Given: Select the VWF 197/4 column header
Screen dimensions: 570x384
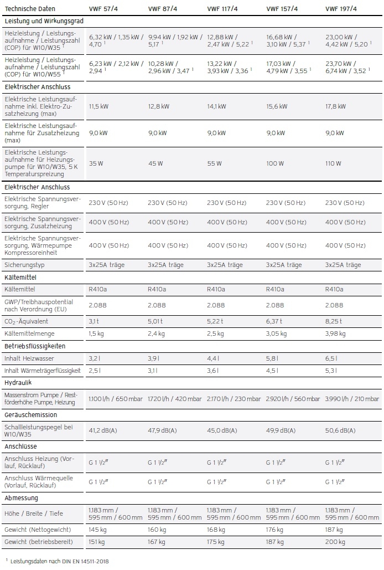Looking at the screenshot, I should pyautogui.click(x=340, y=9).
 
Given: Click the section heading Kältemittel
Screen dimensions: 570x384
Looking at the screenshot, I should pyautogui.click(x=20, y=277).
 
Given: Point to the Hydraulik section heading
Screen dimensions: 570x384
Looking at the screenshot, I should pyautogui.click(x=17, y=382).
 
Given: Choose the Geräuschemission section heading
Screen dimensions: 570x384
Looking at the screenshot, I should pyautogui.click(x=30, y=414).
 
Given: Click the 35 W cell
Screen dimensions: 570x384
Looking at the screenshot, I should pyautogui.click(x=96, y=163).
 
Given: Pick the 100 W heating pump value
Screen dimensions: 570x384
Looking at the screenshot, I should pyautogui.click(x=276, y=163).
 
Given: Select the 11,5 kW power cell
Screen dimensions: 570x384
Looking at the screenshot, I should pyautogui.click(x=98, y=106).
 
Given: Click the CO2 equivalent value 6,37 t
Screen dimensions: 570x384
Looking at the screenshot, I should pyautogui.click(x=276, y=321).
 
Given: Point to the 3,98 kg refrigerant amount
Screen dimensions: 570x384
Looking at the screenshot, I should pyautogui.click(x=335, y=333).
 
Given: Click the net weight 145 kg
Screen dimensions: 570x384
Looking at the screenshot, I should pyautogui.click(x=97, y=530).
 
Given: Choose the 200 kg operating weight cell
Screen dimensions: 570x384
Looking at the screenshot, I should pyautogui.click(x=334, y=542).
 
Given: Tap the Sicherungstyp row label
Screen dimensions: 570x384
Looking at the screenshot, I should pyautogui.click(x=25, y=265).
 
